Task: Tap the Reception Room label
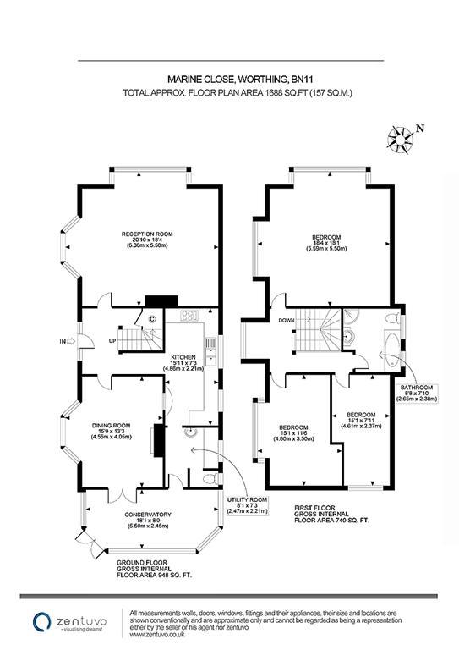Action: pos(147,240)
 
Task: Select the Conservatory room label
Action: pos(148,521)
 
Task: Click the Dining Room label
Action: pos(112,431)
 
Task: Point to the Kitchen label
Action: pos(183,363)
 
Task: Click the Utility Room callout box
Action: pos(247,505)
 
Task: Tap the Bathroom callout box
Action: pos(417,393)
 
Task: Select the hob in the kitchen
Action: pos(189,316)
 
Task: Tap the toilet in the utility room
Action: pos(211,479)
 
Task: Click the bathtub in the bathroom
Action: pos(392,350)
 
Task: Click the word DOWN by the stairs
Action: pos(287,321)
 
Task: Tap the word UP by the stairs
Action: pos(112,341)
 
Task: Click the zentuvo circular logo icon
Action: pos(42,622)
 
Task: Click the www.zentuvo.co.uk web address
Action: pos(157,635)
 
